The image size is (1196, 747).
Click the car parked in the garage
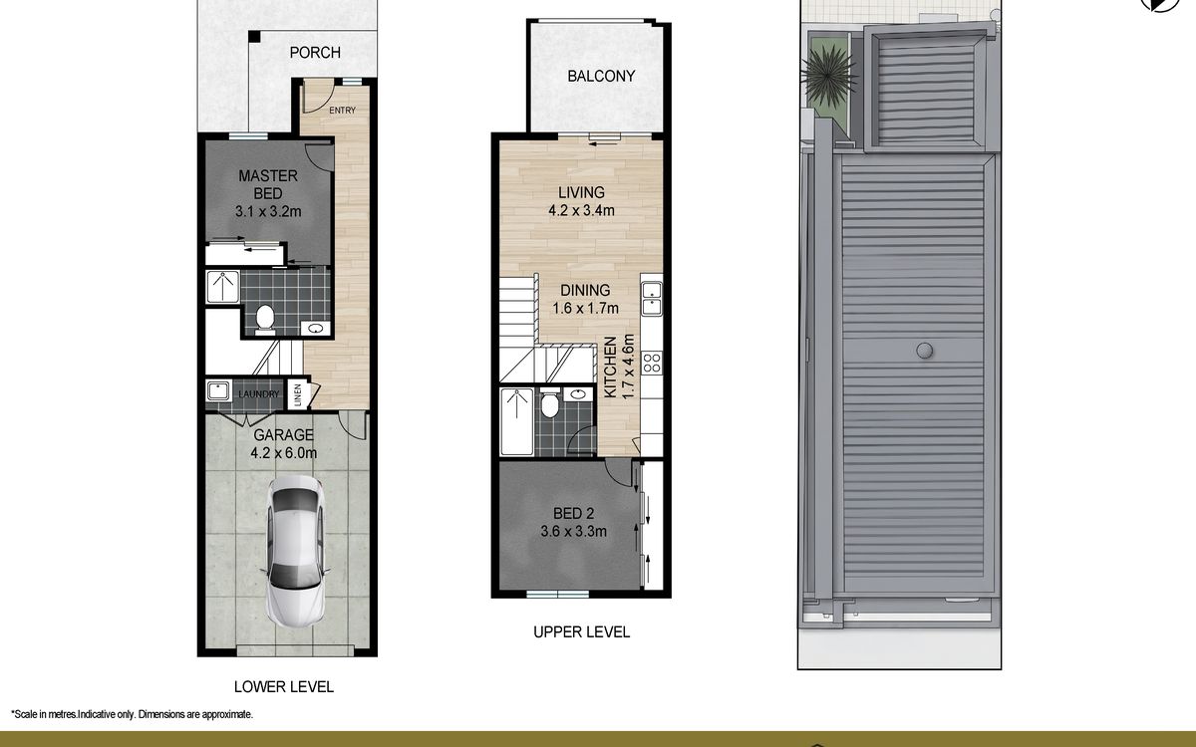tap(295, 551)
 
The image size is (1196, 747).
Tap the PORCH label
tap(315, 52)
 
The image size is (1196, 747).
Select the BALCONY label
tap(601, 76)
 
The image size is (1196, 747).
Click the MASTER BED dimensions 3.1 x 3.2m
tap(268, 211)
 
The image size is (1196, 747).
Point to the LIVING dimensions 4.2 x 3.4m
tap(581, 210)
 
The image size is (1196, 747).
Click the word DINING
tap(585, 290)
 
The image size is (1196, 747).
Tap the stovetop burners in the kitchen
tap(652, 363)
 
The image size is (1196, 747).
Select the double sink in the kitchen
tap(652, 298)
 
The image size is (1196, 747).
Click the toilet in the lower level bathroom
tap(265, 319)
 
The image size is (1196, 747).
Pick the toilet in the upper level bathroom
tap(549, 402)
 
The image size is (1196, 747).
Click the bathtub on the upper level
tap(516, 421)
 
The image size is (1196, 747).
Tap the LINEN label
tap(298, 394)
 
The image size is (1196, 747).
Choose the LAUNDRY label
tap(259, 394)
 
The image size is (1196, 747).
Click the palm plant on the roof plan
tap(828, 77)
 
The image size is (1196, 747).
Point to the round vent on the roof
tap(925, 351)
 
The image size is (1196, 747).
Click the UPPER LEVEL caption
tap(581, 632)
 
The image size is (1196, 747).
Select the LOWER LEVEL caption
tap(284, 686)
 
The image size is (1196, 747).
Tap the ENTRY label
tap(342, 110)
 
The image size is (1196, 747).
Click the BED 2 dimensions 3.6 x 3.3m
tap(573, 532)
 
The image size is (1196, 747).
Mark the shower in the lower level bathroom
tap(222, 287)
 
